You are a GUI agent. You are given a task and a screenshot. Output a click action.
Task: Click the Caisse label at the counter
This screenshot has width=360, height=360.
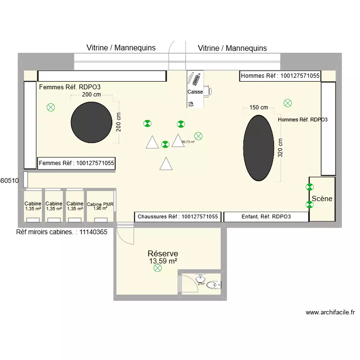(x=195, y=92)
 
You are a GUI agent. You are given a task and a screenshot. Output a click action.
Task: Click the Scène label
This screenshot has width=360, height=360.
(x=322, y=198)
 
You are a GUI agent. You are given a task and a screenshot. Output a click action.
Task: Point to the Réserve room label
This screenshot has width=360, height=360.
(x=163, y=253)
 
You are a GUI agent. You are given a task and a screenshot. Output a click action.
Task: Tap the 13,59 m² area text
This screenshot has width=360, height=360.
(x=163, y=261)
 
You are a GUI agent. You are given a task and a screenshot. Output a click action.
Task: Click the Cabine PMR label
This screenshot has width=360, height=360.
(x=100, y=205)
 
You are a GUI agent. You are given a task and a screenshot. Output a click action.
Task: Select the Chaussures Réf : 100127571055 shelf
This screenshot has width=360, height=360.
(x=178, y=216)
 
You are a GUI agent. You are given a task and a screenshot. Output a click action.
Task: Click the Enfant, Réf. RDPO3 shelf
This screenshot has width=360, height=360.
(x=266, y=216)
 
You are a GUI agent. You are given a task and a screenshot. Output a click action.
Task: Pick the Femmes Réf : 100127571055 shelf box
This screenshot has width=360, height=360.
(x=76, y=163)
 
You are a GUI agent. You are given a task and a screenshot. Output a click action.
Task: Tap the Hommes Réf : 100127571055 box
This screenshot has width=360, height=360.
(x=280, y=76)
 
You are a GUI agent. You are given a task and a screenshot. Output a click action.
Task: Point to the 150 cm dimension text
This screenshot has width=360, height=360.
(x=259, y=108)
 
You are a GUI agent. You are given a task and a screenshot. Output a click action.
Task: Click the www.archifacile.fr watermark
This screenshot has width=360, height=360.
(x=330, y=312)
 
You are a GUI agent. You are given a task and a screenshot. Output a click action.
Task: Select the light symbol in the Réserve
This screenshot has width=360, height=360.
(x=157, y=269)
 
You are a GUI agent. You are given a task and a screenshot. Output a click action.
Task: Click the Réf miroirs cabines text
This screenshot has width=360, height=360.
(x=61, y=231)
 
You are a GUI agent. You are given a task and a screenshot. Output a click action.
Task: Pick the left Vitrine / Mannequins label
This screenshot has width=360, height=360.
(x=121, y=48)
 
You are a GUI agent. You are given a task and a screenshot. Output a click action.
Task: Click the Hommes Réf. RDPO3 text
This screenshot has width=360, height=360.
(x=302, y=120)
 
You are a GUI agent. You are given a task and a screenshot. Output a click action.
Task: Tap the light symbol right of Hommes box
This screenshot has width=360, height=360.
(x=288, y=103)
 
